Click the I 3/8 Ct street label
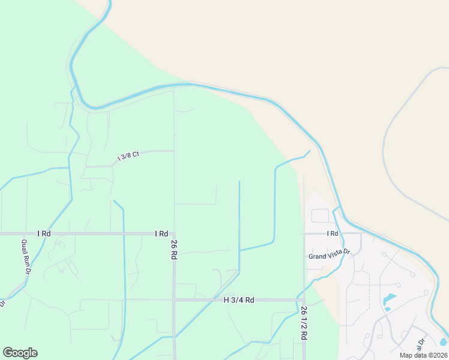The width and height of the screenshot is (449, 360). pyautogui.click(x=127, y=155)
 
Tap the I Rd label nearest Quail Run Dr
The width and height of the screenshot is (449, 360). pyautogui.click(x=43, y=233)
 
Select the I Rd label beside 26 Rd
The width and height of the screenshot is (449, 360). pyautogui.click(x=161, y=233)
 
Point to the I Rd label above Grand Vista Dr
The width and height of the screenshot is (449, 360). pyautogui.click(x=333, y=233)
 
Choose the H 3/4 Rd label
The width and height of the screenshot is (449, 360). pyautogui.click(x=240, y=299)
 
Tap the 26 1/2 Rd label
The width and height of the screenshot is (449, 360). pyautogui.click(x=303, y=325)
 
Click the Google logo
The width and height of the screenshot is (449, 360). pyautogui.click(x=20, y=353)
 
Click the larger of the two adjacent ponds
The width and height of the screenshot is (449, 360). pyautogui.click(x=390, y=298)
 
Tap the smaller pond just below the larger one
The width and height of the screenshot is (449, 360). pyautogui.click(x=387, y=309)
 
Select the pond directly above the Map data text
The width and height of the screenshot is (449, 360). pyautogui.click(x=443, y=342)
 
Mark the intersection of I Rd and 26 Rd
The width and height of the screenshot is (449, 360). pyautogui.click(x=174, y=233)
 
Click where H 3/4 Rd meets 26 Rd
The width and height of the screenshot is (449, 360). pyautogui.click(x=174, y=299)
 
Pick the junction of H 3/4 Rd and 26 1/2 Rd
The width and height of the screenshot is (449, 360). pyautogui.click(x=304, y=299)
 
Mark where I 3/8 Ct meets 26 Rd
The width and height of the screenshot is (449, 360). pyautogui.click(x=174, y=151)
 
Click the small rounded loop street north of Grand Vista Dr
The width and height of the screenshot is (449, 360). pyautogui.click(x=320, y=215)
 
